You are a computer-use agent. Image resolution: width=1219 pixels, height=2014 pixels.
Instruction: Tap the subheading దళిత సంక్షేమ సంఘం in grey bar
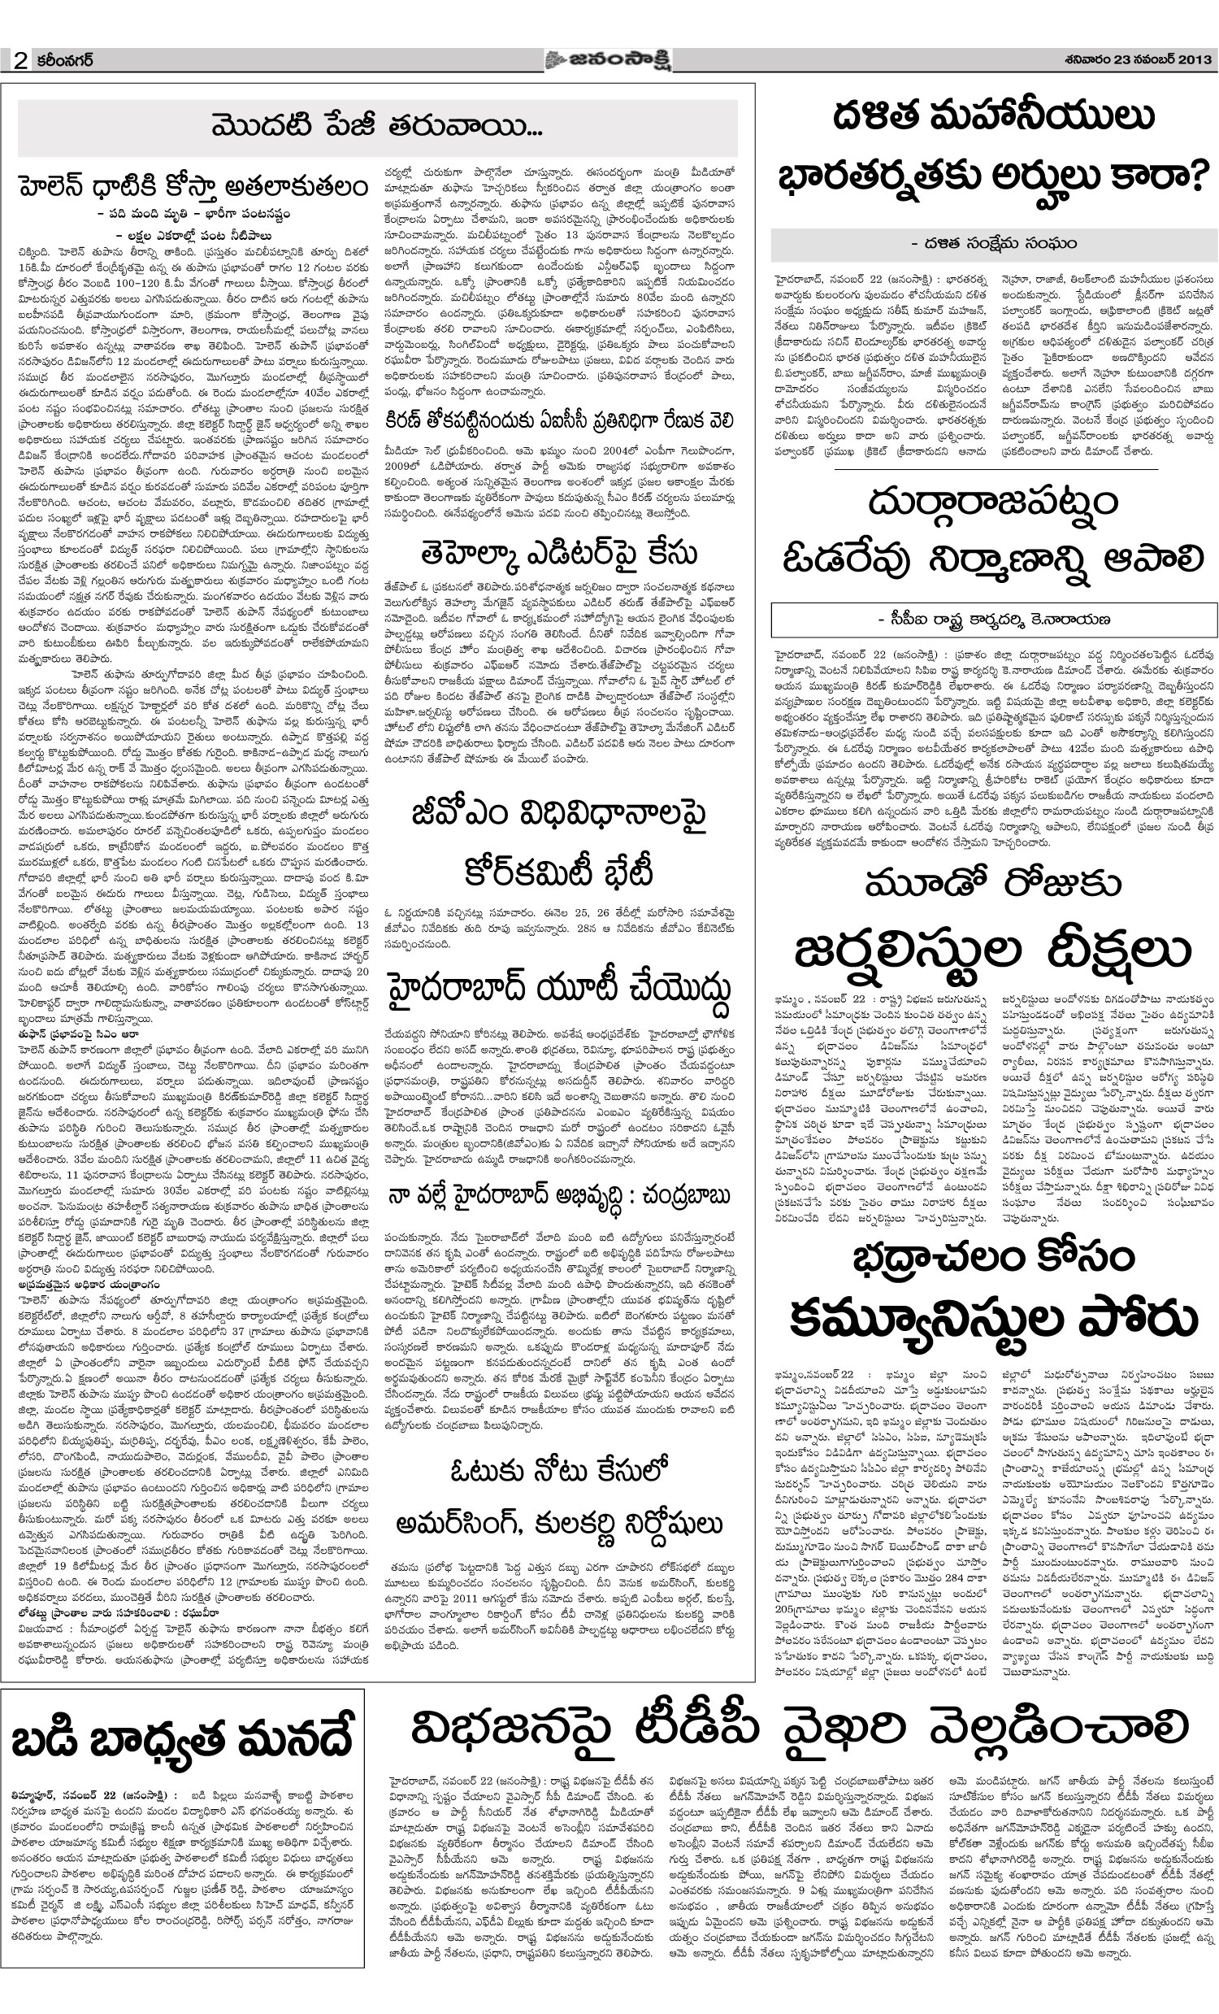994,243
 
